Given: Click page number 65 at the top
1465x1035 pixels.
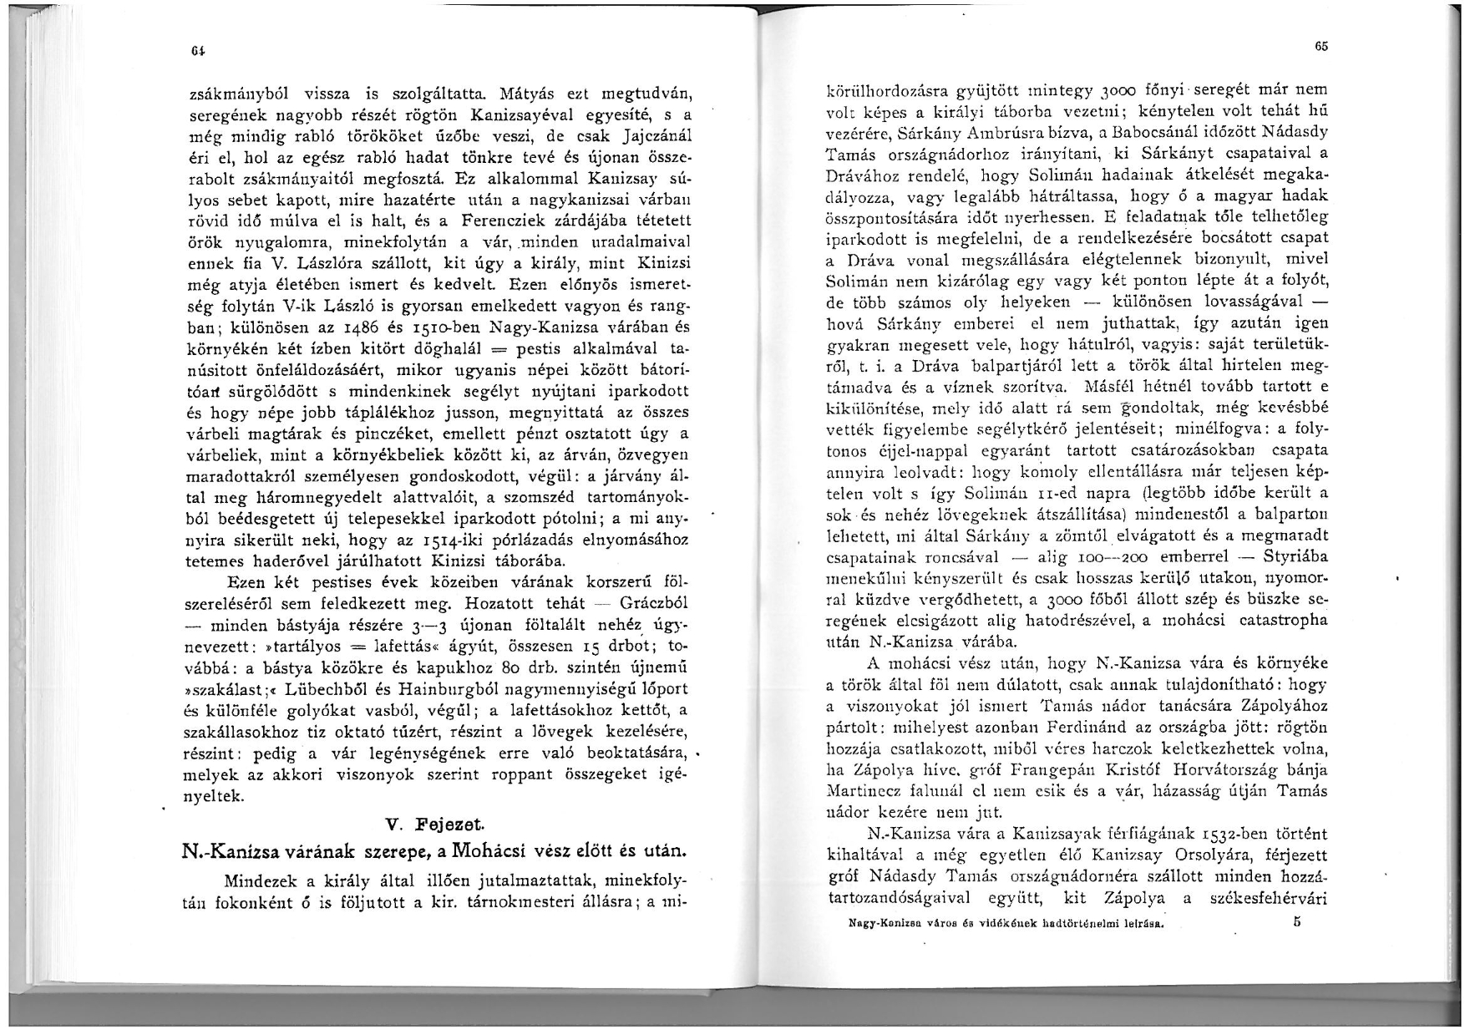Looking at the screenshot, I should [x=1321, y=47].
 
